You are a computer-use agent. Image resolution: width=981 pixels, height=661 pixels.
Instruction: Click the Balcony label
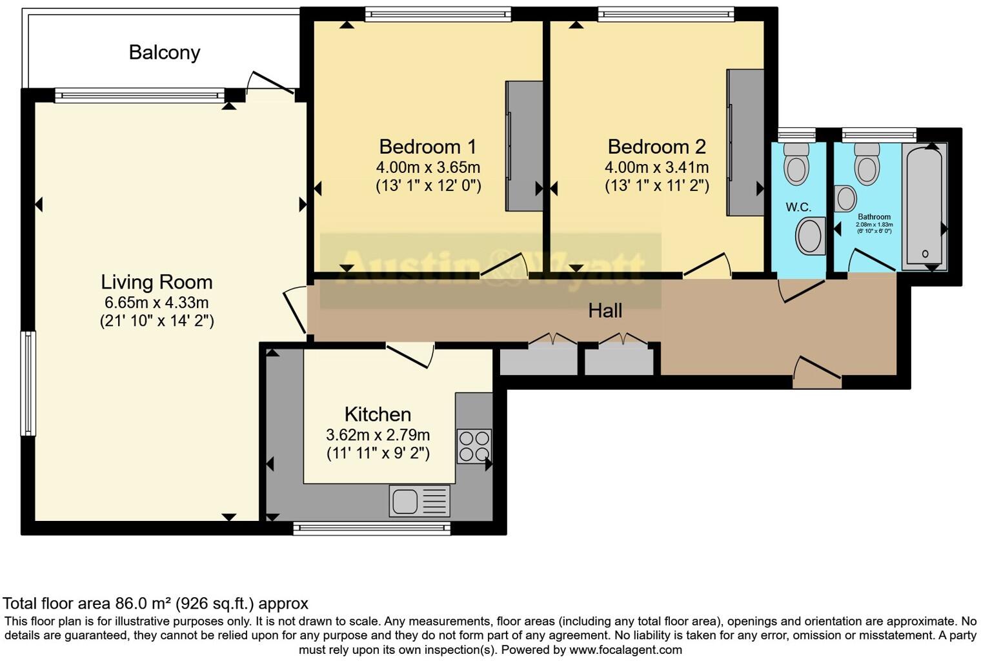coord(164,52)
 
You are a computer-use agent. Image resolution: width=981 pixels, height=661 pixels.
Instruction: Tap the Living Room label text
coord(156,282)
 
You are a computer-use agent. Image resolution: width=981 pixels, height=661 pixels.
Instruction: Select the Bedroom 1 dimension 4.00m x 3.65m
coord(428,167)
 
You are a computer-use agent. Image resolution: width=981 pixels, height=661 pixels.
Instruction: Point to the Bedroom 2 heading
coord(656,147)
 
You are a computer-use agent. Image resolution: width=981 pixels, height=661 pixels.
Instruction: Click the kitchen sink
coord(420,500)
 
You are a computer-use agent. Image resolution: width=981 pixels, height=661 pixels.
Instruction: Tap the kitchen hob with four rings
coord(474,446)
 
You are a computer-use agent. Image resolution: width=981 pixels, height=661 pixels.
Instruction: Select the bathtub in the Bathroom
coord(924,205)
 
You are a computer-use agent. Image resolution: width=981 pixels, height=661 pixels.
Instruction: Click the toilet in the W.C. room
coord(796,164)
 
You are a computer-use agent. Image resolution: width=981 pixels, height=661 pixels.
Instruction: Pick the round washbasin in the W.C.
coord(811,236)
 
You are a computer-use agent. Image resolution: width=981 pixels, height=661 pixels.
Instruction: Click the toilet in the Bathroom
coord(866,164)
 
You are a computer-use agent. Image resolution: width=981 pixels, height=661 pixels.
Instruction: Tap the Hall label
coord(605,311)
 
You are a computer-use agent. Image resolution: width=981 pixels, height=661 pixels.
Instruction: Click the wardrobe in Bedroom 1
coord(523,146)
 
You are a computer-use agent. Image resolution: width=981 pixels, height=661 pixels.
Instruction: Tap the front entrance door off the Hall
coord(817,373)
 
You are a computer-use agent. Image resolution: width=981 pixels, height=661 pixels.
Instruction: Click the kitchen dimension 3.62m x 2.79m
coord(378,435)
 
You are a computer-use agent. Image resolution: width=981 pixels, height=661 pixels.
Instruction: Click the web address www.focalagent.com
coord(625,649)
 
